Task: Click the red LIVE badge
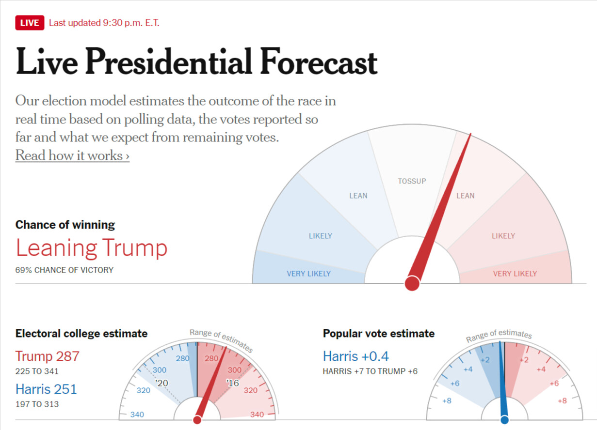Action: coord(30,23)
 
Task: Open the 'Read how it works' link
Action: coord(72,155)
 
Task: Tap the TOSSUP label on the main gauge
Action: coord(412,181)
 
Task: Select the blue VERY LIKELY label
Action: coord(308,274)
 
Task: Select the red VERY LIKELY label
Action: coord(515,274)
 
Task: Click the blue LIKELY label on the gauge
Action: coord(320,236)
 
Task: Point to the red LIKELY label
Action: coord(503,236)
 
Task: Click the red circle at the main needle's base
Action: coord(412,283)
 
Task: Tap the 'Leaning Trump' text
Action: coord(92,248)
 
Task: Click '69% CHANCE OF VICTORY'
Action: coord(64,270)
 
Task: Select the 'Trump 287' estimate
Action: coord(47,356)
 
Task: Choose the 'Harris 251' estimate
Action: coord(46,389)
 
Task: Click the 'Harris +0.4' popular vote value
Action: coord(356,356)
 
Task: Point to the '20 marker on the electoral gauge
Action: coord(161,383)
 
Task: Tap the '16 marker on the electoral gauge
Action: coord(233,383)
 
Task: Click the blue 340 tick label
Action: coord(137,415)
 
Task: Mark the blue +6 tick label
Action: coord(454,383)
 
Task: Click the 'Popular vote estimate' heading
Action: coord(379,334)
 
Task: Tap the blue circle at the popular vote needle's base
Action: coord(504,419)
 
